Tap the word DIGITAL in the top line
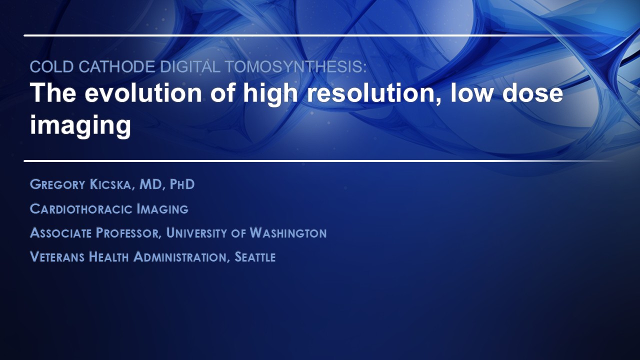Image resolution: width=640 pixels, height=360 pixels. pos(190,66)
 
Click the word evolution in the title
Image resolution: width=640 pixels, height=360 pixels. pos(143,92)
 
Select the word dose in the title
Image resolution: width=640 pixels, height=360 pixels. pos(532,92)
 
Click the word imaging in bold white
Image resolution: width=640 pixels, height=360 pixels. pos(80,124)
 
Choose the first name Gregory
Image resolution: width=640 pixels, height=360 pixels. pos(57,184)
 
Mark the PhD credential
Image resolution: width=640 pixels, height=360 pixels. pos(182,184)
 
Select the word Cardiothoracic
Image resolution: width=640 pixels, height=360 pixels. pos(81,209)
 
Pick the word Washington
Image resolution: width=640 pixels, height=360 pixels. pos(288,233)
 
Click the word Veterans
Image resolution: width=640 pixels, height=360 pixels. pos(57,257)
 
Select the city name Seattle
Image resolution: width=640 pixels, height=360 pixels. pos(255,257)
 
